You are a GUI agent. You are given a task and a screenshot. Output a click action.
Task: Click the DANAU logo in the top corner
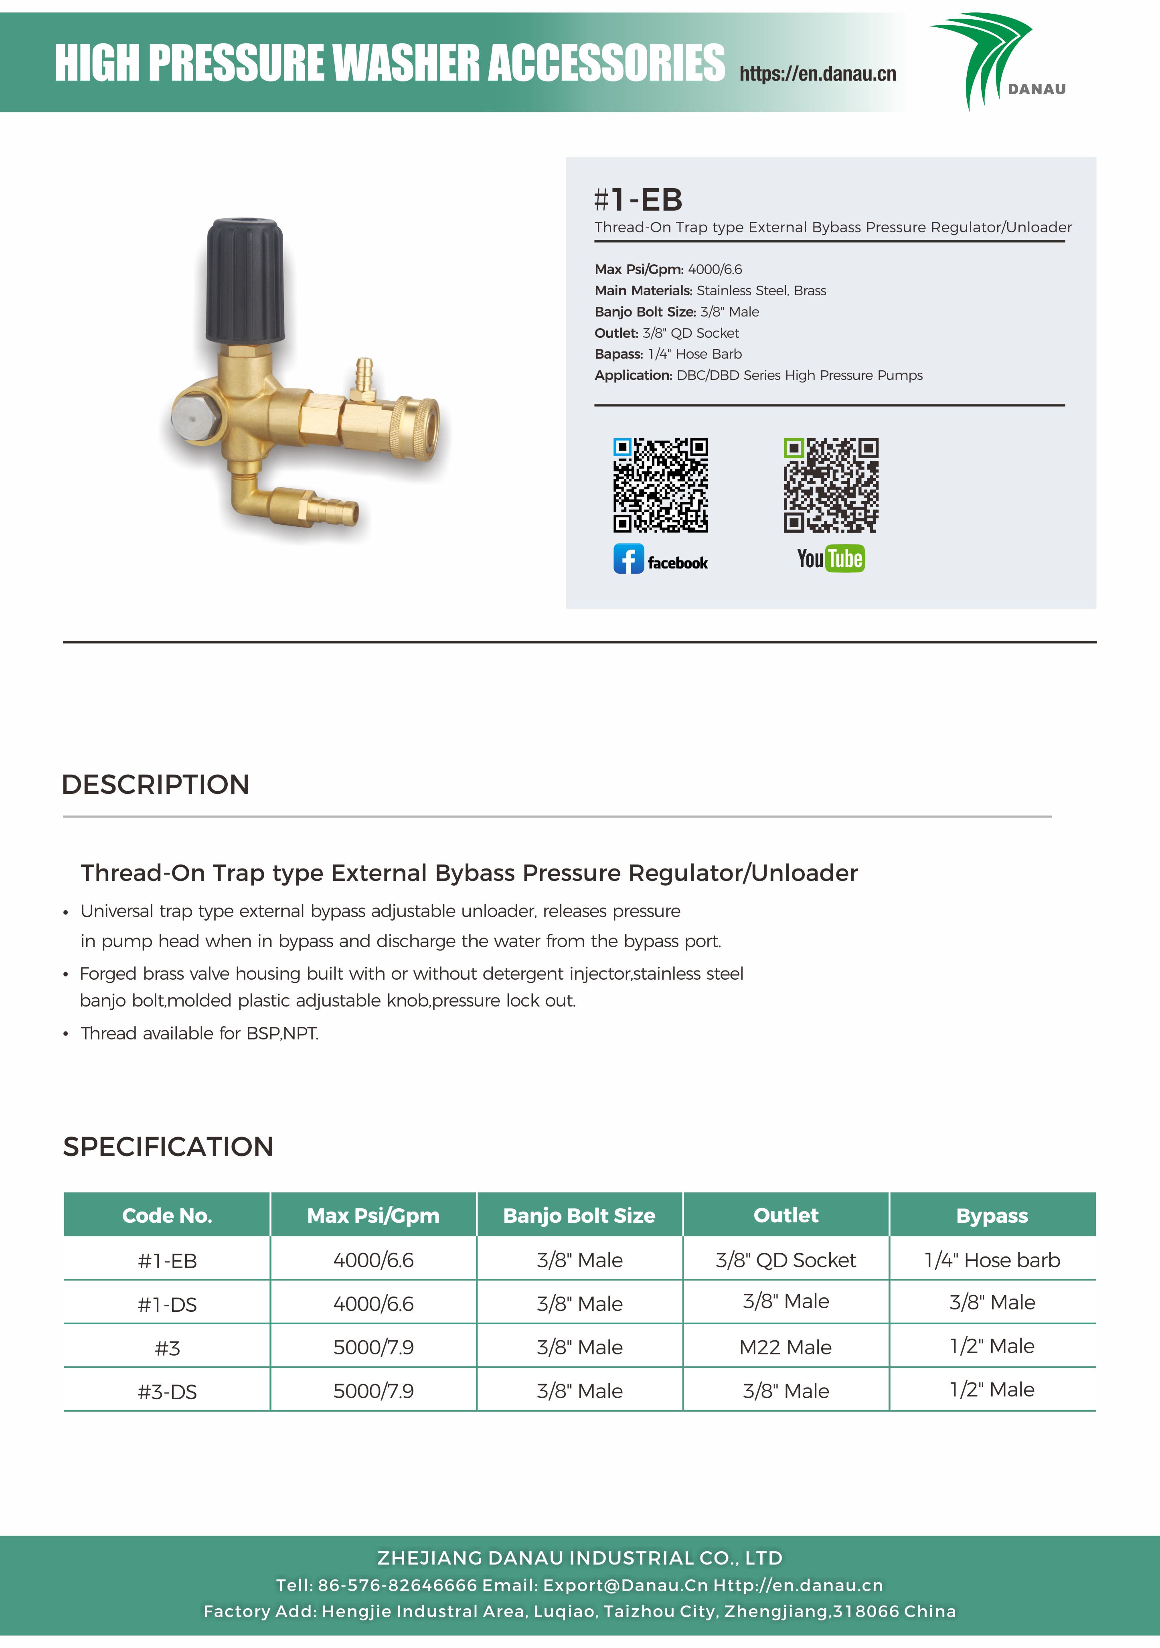point(997,61)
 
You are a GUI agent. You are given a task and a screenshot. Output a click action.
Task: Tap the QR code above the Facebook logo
point(660,485)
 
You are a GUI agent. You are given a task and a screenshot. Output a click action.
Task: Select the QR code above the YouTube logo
point(831,485)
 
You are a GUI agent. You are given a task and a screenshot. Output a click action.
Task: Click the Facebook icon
point(628,559)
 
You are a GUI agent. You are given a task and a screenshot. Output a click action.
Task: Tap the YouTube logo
point(831,558)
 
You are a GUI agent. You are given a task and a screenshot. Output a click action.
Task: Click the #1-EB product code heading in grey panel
point(638,200)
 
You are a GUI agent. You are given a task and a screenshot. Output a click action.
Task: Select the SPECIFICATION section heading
point(168,1146)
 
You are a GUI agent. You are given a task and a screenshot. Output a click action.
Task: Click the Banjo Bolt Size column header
point(579,1215)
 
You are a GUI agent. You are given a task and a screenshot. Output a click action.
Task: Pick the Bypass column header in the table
point(992,1215)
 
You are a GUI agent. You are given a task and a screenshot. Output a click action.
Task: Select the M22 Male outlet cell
point(785,1347)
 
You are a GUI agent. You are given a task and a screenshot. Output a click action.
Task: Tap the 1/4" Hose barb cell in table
point(992,1260)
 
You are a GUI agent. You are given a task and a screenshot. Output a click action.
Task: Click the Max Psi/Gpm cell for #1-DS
point(373,1303)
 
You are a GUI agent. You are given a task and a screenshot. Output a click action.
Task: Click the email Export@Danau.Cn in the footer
point(625,1585)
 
